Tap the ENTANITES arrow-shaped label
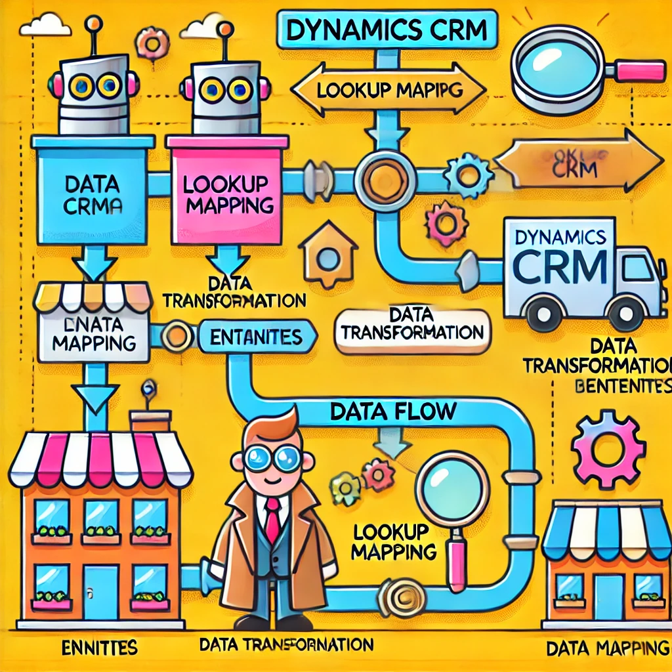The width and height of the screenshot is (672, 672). pyautogui.click(x=257, y=337)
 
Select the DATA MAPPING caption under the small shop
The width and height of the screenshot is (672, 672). pyautogui.click(x=607, y=649)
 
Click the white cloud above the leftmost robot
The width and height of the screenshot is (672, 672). pyautogui.click(x=45, y=26)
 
